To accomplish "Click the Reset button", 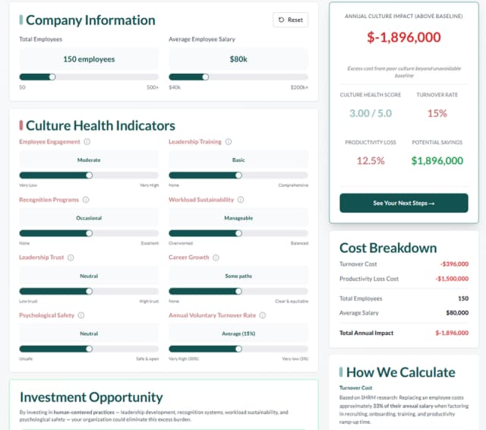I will click(x=291, y=20).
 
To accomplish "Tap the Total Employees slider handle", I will click(x=52, y=77).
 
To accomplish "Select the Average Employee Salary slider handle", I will click(x=205, y=77).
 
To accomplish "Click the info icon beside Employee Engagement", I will click(x=87, y=142).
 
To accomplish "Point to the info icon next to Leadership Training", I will click(x=229, y=142).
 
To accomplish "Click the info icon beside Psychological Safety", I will click(x=81, y=315).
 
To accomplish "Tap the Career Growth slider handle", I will click(x=238, y=291).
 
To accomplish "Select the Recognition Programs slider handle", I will click(x=89, y=233).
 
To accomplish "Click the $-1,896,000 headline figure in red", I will click(x=403, y=37).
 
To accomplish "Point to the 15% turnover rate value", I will click(x=437, y=113).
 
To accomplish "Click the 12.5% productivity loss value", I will click(x=371, y=160).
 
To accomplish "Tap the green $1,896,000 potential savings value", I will click(x=437, y=160).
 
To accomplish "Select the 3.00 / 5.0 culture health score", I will click(x=371, y=113).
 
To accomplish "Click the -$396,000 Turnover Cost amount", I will click(x=453, y=264).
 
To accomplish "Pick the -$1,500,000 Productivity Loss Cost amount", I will click(x=451, y=279).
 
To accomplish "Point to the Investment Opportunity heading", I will click(x=91, y=397).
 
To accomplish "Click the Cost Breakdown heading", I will click(x=388, y=248).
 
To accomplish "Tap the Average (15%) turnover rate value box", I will click(x=238, y=334).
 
